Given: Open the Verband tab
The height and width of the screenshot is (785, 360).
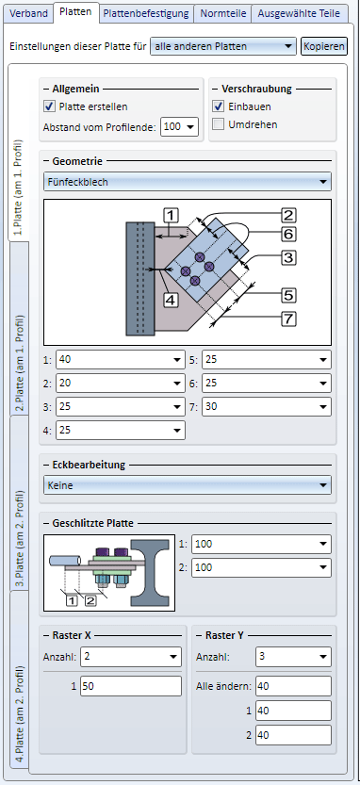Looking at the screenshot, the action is coord(28,13).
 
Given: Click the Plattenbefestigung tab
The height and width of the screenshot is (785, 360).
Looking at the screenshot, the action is coord(146,13).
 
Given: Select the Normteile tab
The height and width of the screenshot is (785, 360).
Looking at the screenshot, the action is coord(222,13).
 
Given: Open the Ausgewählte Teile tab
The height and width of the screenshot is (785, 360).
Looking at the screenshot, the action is coord(299,13).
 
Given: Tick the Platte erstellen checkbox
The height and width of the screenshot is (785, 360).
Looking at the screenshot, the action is coord(49,106).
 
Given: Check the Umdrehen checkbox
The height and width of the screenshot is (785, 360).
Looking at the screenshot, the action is coord(218,124).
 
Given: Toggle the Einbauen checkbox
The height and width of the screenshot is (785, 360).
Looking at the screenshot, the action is coord(218,106).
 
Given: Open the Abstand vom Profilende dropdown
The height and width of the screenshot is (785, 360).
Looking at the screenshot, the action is coord(180,126).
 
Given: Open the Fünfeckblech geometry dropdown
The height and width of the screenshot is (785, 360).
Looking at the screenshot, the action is coord(188,182).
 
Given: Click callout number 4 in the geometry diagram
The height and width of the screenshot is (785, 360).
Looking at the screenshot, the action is coord(171,300).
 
